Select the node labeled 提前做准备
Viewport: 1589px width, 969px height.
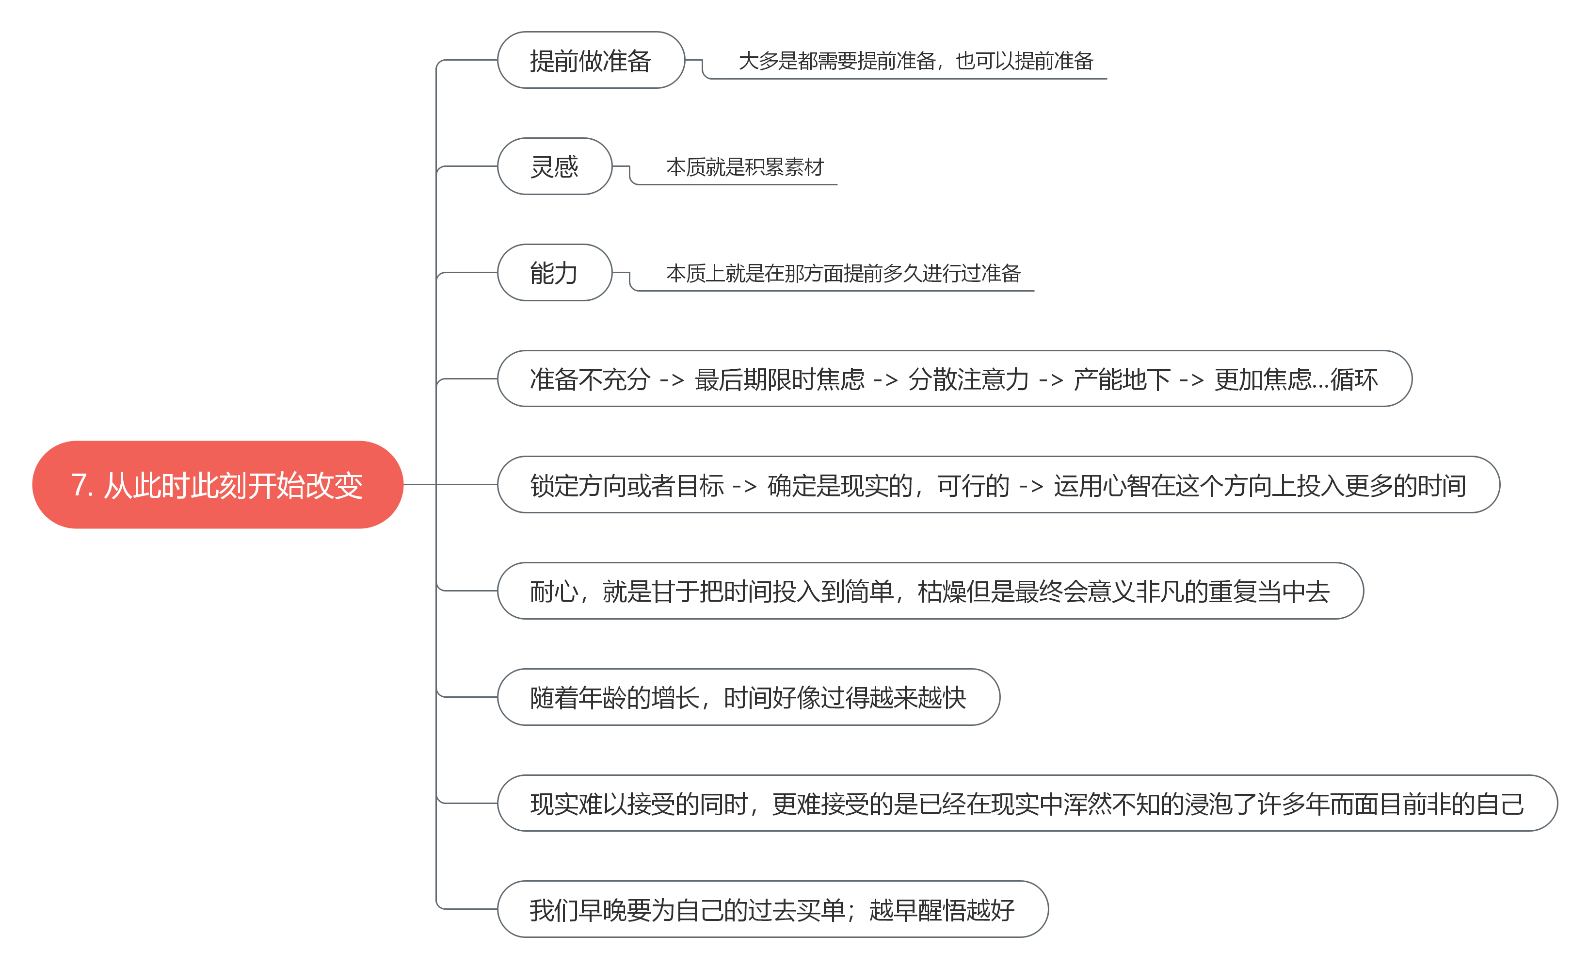pyautogui.click(x=590, y=61)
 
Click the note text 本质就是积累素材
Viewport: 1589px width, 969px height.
pyautogui.click(x=745, y=167)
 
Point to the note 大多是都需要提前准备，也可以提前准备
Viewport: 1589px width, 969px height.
pyautogui.click(x=916, y=61)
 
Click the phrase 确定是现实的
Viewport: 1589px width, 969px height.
pyautogui.click(x=840, y=486)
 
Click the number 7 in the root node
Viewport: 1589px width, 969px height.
pyautogui.click(x=79, y=486)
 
